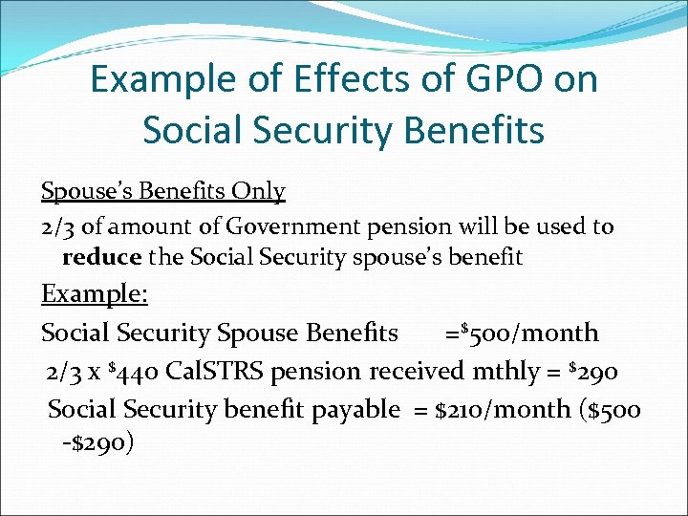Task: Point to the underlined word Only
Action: click(x=259, y=191)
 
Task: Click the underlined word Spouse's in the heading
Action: click(x=88, y=191)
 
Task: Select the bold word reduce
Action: click(x=101, y=257)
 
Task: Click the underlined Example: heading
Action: click(x=94, y=293)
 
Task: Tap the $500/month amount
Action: click(x=528, y=333)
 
